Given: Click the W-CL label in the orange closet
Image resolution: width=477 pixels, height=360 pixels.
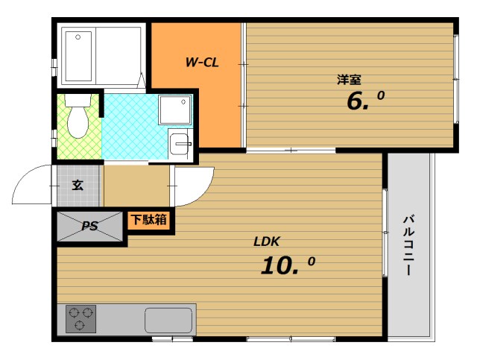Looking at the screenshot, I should tap(201, 63).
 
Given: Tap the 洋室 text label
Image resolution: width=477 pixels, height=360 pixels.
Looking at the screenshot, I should tap(349, 78).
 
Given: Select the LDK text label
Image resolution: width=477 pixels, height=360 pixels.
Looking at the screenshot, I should tap(266, 241).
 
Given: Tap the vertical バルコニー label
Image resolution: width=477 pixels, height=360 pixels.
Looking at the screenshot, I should tap(409, 245).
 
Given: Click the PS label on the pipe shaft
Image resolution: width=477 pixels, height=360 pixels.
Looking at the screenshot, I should tap(90, 227).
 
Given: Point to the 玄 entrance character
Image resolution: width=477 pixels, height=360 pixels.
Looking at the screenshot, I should tap(78, 185).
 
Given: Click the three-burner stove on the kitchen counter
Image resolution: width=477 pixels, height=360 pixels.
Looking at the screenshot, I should tap(80, 319).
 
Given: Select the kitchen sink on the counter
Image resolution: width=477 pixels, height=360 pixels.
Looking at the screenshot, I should tap(168, 320).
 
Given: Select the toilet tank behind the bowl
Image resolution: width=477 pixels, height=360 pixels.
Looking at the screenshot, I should tap(77, 101).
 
